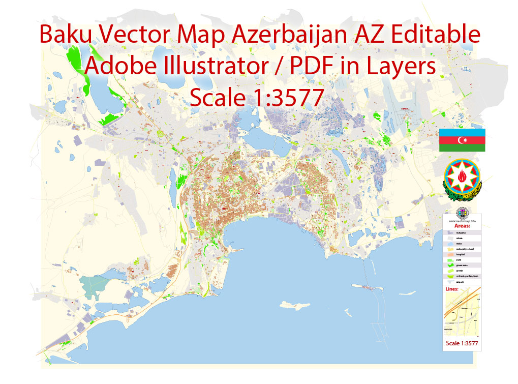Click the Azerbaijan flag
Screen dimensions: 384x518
click(x=462, y=140)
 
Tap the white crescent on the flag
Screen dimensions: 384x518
click(x=462, y=140)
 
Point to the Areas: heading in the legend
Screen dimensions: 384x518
click(x=462, y=225)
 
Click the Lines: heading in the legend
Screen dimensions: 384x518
click(x=452, y=289)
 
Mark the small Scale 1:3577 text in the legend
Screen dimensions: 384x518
click(x=462, y=344)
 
